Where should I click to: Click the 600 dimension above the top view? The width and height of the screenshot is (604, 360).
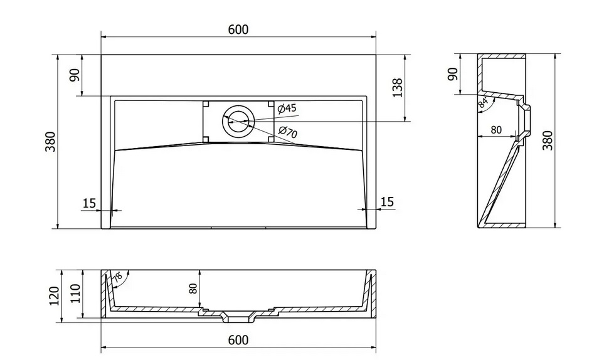pyautogui.click(x=238, y=29)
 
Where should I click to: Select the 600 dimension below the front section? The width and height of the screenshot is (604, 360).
pyautogui.click(x=238, y=340)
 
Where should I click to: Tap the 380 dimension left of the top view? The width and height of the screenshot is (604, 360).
pyautogui.click(x=51, y=141)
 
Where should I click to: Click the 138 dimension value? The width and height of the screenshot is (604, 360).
pyautogui.click(x=397, y=88)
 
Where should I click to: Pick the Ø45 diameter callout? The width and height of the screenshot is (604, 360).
pyautogui.click(x=287, y=109)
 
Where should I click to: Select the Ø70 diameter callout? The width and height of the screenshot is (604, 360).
pyautogui.click(x=288, y=132)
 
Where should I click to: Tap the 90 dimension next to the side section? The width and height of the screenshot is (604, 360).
pyautogui.click(x=453, y=73)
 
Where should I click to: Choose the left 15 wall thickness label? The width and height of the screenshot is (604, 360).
pyautogui.click(x=89, y=203)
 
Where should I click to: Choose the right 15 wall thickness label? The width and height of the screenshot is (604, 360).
pyautogui.click(x=387, y=202)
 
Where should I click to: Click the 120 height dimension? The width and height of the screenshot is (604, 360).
pyautogui.click(x=55, y=295)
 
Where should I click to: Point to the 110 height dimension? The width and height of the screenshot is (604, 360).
pyautogui.click(x=75, y=294)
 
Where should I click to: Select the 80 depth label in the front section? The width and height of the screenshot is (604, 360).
pyautogui.click(x=193, y=289)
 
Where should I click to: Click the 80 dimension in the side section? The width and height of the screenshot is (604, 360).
pyautogui.click(x=496, y=130)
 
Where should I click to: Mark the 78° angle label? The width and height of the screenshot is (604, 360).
pyautogui.click(x=118, y=277)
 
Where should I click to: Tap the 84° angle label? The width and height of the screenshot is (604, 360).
pyautogui.click(x=484, y=102)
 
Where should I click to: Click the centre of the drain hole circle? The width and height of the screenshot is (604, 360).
pyautogui.click(x=238, y=122)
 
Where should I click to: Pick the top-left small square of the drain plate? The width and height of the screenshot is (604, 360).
pyautogui.click(x=206, y=104)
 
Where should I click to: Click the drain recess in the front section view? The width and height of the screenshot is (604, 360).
pyautogui.click(x=238, y=319)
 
